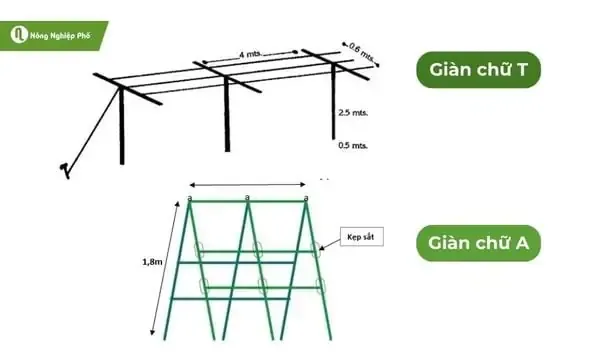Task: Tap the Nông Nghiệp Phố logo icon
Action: (17, 35)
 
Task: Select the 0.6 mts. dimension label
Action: (362, 48)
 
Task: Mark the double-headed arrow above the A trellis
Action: (247, 184)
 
